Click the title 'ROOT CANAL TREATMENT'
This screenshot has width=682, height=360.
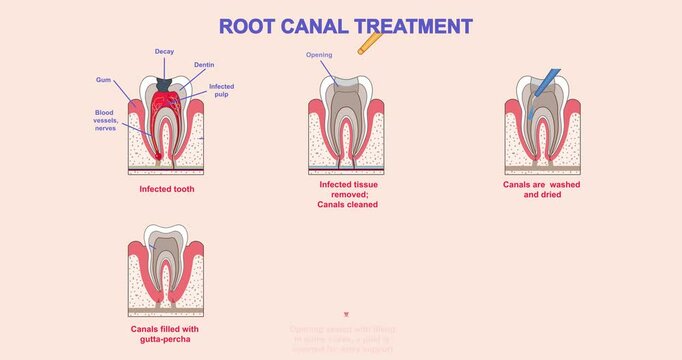[346, 26]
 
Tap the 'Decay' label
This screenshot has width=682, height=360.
[165, 51]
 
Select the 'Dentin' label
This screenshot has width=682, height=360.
[204, 65]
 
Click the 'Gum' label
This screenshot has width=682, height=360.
[104, 79]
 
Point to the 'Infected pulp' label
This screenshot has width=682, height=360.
[221, 91]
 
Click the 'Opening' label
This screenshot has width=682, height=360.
[319, 55]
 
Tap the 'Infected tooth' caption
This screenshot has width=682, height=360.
[166, 188]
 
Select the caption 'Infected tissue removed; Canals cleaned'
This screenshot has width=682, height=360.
[348, 194]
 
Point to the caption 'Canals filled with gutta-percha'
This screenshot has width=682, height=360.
[166, 333]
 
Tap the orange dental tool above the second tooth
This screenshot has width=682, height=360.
[370, 42]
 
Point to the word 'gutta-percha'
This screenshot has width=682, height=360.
[166, 339]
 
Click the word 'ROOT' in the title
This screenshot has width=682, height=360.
[245, 26]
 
